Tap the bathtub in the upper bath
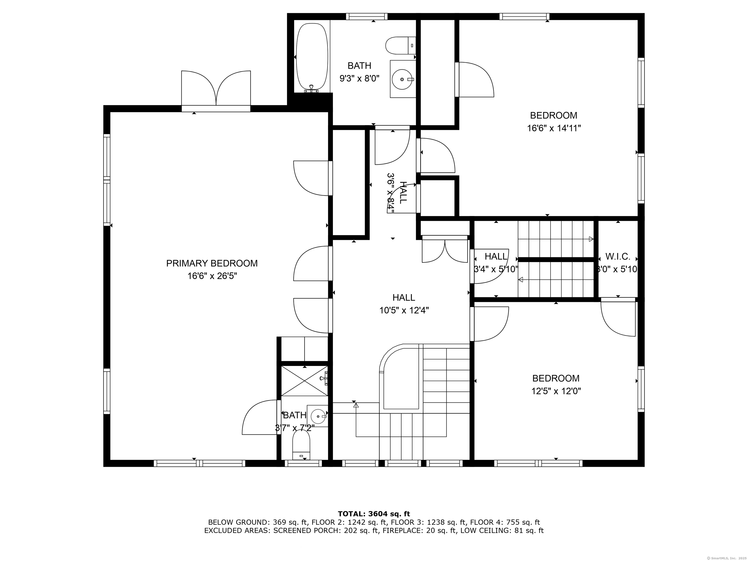pos(312,57)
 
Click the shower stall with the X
pos(304,381)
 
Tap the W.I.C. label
pos(618,257)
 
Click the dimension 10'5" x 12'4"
pos(404,310)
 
